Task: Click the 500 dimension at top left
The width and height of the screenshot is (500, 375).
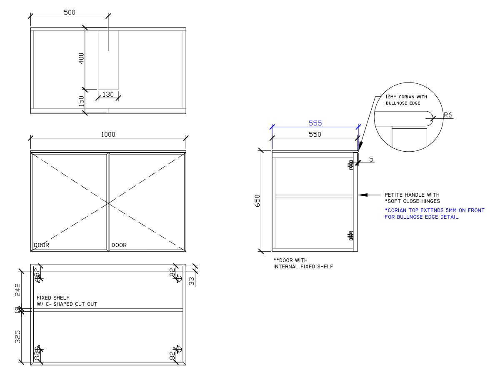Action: [69, 12]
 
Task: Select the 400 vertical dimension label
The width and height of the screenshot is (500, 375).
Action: [82, 58]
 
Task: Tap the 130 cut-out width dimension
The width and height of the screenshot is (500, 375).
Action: [108, 94]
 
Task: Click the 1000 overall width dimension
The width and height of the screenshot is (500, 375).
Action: [108, 134]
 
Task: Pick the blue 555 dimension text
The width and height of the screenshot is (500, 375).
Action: [315, 123]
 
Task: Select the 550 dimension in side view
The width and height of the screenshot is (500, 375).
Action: [315, 135]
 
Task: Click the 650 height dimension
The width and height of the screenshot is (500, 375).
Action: [257, 201]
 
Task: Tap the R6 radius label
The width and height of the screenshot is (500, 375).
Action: [448, 115]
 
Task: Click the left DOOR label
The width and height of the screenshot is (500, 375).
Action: [41, 245]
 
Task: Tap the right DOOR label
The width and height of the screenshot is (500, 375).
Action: [119, 245]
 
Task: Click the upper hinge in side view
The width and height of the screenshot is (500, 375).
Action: [351, 165]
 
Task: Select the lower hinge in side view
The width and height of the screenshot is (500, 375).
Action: [351, 236]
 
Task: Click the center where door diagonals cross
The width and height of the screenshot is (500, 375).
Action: [108, 203]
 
